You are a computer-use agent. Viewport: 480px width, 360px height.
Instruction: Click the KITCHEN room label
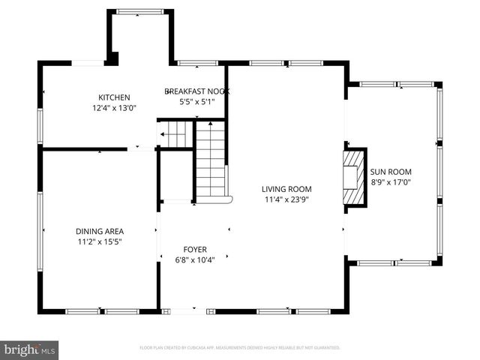click(115, 97)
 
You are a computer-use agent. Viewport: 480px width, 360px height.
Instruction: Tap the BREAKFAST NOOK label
click(196, 91)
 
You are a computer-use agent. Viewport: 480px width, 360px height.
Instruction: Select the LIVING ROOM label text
click(286, 189)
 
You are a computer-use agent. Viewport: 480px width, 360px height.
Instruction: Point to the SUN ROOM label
click(391, 172)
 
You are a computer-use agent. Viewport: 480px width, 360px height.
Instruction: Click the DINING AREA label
click(99, 231)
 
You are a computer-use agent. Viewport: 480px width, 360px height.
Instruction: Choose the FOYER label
click(195, 249)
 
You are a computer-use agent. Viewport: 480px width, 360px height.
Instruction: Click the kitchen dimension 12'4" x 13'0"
click(115, 108)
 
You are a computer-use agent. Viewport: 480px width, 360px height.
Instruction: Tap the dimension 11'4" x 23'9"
click(286, 199)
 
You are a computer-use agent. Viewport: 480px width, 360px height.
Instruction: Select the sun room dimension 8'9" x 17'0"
click(391, 181)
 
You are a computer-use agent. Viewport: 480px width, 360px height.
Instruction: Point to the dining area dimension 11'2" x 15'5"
click(99, 241)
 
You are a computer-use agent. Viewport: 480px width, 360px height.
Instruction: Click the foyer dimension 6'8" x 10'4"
click(195, 259)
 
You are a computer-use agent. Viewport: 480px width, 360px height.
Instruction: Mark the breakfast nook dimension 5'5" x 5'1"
click(196, 101)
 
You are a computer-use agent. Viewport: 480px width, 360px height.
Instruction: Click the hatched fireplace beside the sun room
click(352, 176)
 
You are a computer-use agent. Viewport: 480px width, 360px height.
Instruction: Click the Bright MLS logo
click(30, 349)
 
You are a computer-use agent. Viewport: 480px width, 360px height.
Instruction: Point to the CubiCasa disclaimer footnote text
click(240, 348)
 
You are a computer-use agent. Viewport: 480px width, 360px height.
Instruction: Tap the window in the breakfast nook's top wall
click(196, 63)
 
